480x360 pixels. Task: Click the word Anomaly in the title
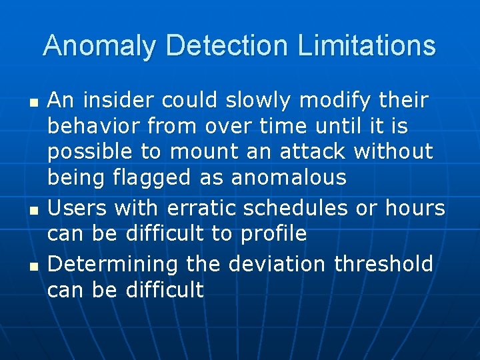101,46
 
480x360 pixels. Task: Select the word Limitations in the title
367,46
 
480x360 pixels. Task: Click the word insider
114,101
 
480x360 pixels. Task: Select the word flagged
155,177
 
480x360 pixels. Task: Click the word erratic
201,208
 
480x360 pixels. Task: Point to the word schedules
295,208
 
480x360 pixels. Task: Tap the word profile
273,234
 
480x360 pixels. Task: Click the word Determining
113,264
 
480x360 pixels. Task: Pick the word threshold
384,264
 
